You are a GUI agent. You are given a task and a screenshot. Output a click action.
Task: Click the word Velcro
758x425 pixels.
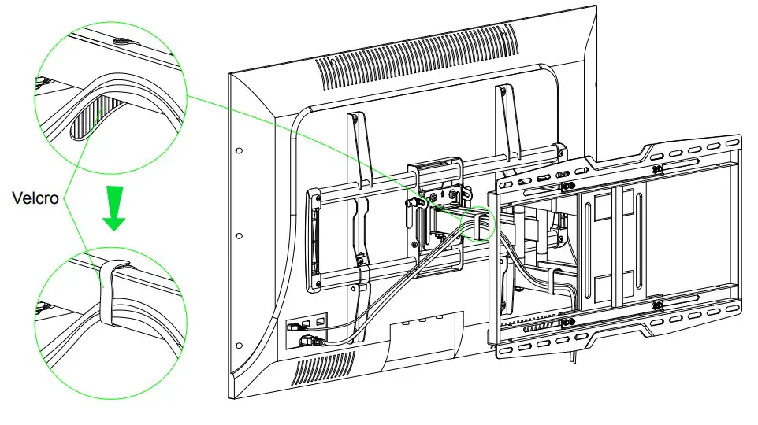click(x=35, y=198)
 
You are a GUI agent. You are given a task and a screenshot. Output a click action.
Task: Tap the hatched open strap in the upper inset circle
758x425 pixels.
click(x=87, y=114)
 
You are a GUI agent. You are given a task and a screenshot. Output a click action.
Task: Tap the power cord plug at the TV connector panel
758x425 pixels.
click(x=309, y=340)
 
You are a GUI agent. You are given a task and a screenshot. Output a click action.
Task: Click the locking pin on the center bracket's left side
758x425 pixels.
click(x=411, y=203)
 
